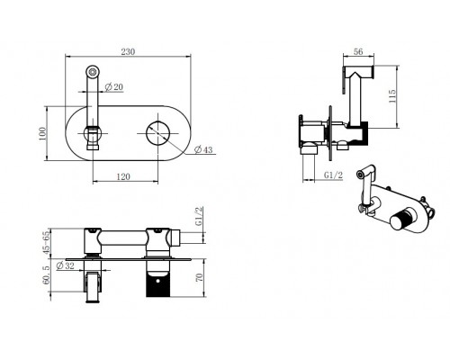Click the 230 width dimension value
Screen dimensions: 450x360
128,51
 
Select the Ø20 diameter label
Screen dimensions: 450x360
114,87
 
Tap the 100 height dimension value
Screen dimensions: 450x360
42,134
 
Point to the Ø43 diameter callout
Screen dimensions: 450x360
203,149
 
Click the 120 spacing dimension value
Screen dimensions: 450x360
123,176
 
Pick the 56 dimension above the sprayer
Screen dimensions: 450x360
358,51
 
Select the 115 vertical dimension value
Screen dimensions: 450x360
392,96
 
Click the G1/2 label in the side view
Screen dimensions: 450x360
333,175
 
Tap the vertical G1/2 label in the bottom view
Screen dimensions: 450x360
199,216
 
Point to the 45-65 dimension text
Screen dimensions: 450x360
46,243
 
